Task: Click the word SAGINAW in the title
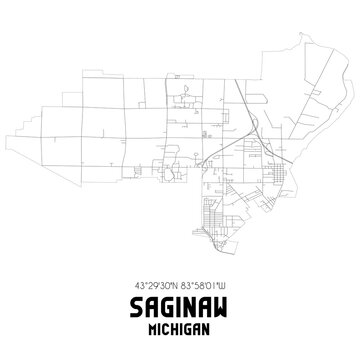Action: [x=180, y=305]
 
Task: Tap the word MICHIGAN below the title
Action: [x=180, y=327]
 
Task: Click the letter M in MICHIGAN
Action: [x=154, y=327]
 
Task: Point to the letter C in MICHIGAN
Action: [x=168, y=327]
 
